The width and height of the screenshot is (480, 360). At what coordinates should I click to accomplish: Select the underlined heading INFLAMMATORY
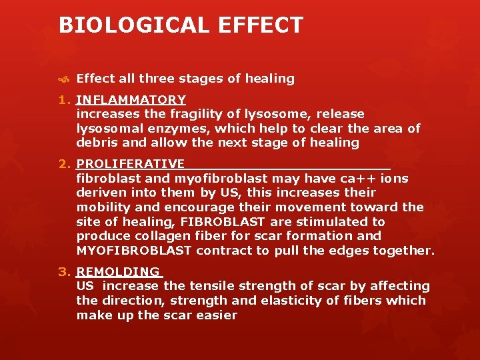(131, 100)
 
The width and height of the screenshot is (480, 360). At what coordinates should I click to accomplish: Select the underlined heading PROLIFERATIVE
(131, 164)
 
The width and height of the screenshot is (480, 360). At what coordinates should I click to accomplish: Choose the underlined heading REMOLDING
(118, 271)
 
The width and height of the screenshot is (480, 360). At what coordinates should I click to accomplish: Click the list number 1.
(65, 100)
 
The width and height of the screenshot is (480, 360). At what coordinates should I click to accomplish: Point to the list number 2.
(65, 164)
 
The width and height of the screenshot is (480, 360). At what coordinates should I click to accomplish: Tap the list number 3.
(65, 271)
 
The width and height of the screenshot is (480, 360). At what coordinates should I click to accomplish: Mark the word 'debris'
(97, 143)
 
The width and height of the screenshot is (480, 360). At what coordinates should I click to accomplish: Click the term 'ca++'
(359, 179)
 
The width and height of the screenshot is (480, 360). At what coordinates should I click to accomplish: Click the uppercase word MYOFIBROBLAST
(134, 251)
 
